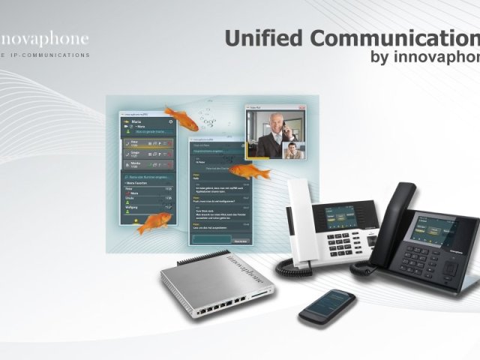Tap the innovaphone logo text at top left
coord(45,38)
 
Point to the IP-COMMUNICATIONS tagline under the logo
coord(49,55)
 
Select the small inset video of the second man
coord(294,150)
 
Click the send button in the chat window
coord(240,240)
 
